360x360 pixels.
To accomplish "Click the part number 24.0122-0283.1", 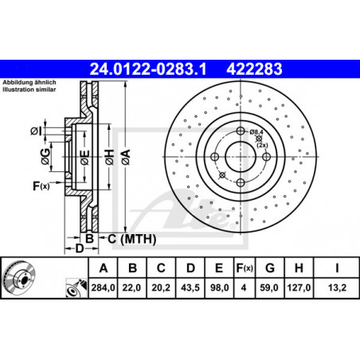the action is (x=148, y=69).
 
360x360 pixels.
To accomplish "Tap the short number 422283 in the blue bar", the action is (x=254, y=69).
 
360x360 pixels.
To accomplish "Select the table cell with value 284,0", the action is (x=103, y=288).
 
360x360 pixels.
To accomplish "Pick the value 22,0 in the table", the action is (x=131, y=288).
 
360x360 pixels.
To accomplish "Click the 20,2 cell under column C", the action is (x=161, y=288).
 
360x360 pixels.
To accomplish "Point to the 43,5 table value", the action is (x=190, y=288).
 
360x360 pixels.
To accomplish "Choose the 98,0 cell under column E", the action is (x=219, y=288).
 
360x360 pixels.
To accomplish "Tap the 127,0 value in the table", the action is (x=299, y=288).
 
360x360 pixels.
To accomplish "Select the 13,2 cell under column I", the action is (x=337, y=288).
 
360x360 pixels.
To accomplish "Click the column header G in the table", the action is (x=270, y=268).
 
